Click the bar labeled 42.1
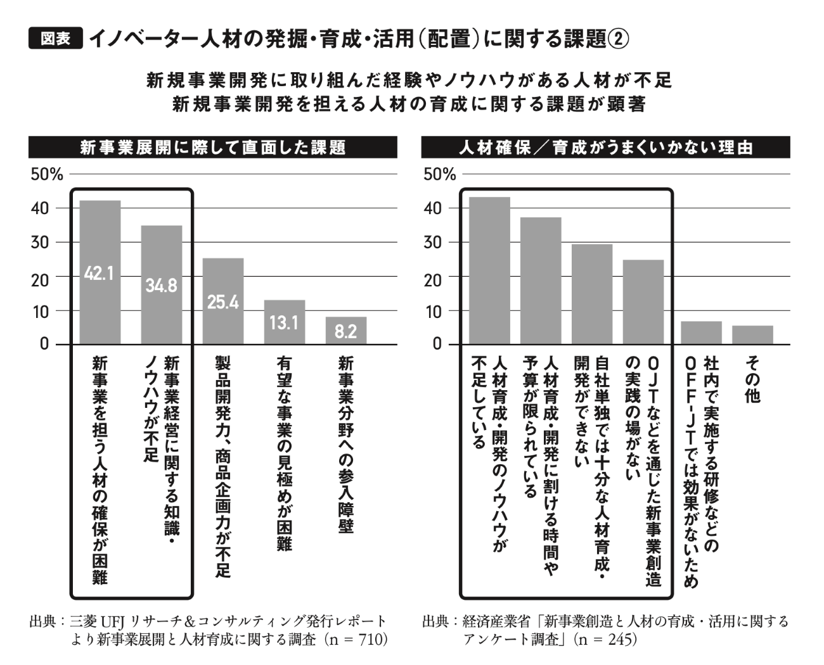[100, 272]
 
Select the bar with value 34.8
[162, 285]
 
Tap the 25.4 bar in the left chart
[223, 301]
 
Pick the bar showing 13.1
[285, 322]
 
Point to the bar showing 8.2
[346, 331]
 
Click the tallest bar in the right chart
[489, 270]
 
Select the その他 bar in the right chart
[752, 334]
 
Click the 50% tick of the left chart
[47, 175]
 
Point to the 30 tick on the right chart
[432, 243]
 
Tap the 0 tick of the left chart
[44, 344]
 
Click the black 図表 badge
[56, 38]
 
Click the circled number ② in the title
[619, 39]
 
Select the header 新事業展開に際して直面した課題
[213, 147]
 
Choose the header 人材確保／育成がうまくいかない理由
[606, 147]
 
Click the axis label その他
[752, 380]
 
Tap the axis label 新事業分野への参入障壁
[346, 445]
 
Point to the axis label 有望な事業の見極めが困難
[285, 453]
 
